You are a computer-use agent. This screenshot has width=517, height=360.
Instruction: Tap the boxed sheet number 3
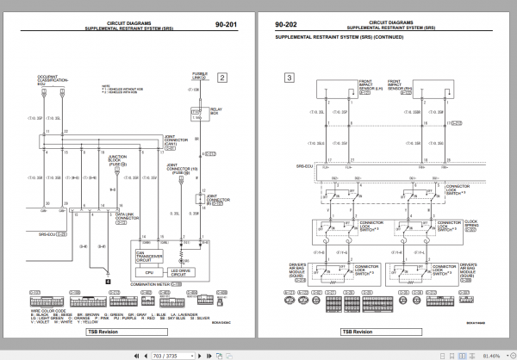tap(290, 78)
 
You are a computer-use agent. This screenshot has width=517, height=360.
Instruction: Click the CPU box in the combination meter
tap(149, 272)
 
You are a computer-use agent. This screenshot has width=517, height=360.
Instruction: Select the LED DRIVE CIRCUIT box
tap(183, 272)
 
